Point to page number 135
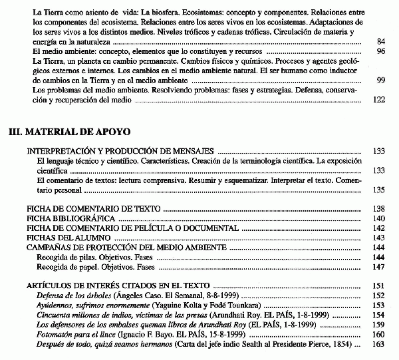pyautogui.click(x=379, y=190)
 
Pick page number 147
pyautogui.click(x=379, y=267)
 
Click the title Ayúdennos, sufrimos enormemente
pyautogui.click(x=88, y=305)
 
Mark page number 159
pyautogui.click(x=379, y=325)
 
